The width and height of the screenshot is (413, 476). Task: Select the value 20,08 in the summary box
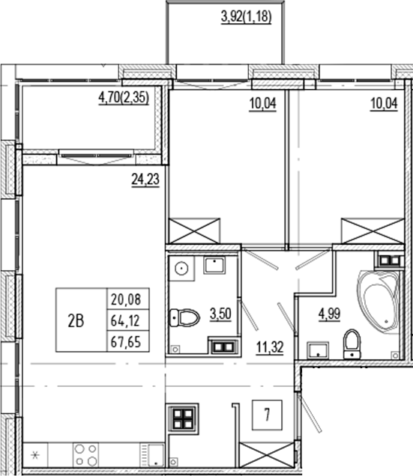125,300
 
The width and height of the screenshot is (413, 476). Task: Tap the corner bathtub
381,299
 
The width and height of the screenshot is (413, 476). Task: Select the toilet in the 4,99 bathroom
351,344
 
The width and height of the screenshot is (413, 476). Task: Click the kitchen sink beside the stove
154,454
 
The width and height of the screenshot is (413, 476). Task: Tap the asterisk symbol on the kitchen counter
33,454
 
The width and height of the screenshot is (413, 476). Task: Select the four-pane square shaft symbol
184,421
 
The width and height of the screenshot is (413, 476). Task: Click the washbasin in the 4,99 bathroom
317,349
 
